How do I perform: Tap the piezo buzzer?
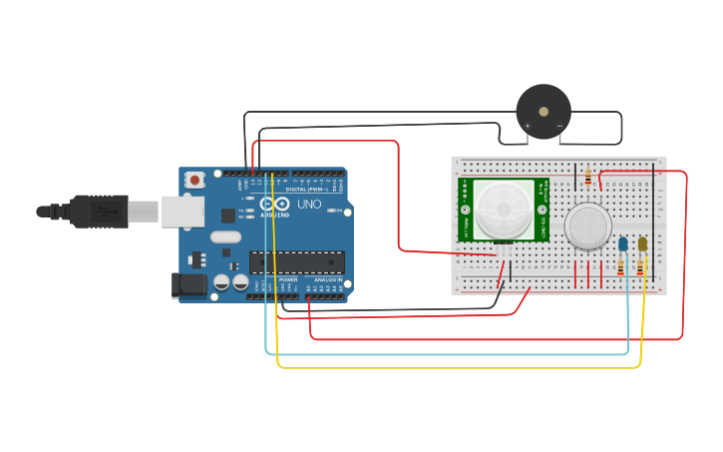(543, 108)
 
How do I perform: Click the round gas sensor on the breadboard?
(588, 226)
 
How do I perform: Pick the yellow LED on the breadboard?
(642, 243)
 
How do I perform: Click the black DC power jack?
(189, 285)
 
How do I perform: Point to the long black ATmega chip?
(296, 262)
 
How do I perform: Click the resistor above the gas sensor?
(588, 177)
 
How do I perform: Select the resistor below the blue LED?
(622, 267)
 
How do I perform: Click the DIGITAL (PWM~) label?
(306, 188)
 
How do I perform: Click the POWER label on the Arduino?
(287, 280)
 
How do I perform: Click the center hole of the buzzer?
(543, 107)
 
